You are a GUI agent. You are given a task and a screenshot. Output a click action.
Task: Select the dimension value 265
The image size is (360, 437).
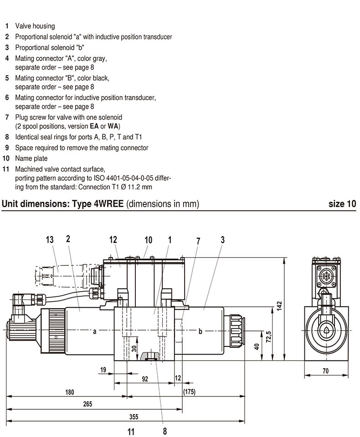[x=88, y=404]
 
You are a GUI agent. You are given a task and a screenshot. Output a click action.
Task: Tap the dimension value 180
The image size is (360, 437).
[x=69, y=391]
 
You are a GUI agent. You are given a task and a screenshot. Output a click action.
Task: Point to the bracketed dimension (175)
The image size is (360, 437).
[x=189, y=391]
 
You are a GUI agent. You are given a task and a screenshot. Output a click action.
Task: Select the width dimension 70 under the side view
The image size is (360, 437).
[x=325, y=371]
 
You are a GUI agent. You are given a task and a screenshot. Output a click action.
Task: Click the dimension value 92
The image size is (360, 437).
[x=145, y=379]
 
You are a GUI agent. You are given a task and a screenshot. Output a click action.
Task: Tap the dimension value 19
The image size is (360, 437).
[x=103, y=370]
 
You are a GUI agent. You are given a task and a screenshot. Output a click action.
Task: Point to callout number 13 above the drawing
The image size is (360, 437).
[x=50, y=239]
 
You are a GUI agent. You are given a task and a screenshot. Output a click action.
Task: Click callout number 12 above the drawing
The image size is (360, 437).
[x=113, y=239]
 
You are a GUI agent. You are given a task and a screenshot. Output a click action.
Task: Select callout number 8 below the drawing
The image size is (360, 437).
[x=165, y=430]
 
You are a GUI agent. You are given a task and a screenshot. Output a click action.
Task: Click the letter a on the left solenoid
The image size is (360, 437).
[x=95, y=331]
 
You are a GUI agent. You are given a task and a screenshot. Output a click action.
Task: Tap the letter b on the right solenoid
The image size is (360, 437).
[x=200, y=331]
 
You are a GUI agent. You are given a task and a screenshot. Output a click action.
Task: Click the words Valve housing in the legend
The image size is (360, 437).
[x=35, y=26]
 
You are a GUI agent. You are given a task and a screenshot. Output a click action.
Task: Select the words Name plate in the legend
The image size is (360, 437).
[x=31, y=159]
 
